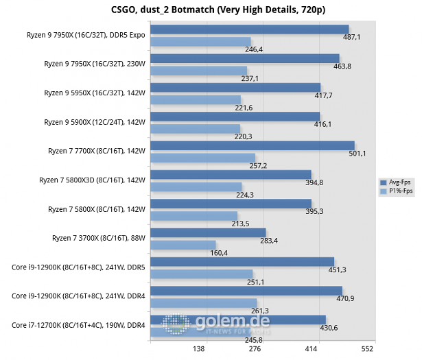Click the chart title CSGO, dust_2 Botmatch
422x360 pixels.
tap(211, 10)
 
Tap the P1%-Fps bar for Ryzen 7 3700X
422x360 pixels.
tap(183, 245)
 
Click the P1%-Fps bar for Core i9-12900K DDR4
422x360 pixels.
tap(203, 302)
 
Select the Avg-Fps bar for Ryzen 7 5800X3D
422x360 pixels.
tap(231, 174)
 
